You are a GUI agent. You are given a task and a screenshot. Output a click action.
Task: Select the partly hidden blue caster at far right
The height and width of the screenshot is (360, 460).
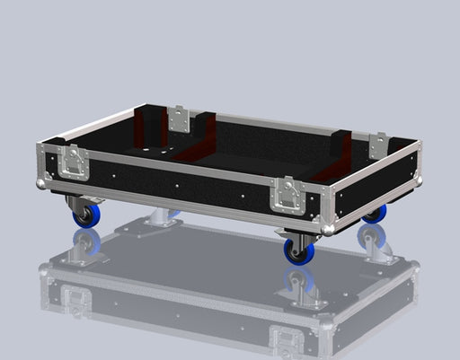[x=375, y=214]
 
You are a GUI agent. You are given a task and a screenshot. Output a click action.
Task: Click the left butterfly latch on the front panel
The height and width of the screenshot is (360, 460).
[x=73, y=162]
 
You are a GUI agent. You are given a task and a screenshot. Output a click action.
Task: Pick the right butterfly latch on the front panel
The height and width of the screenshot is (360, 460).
[x=289, y=192]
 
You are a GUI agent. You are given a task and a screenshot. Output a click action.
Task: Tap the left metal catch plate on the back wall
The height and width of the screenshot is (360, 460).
[x=179, y=119]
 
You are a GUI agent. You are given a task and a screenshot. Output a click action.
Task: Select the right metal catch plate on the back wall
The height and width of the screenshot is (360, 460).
[x=379, y=144]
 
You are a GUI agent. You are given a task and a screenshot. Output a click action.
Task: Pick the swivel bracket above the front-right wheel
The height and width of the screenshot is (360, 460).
[x=296, y=236]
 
